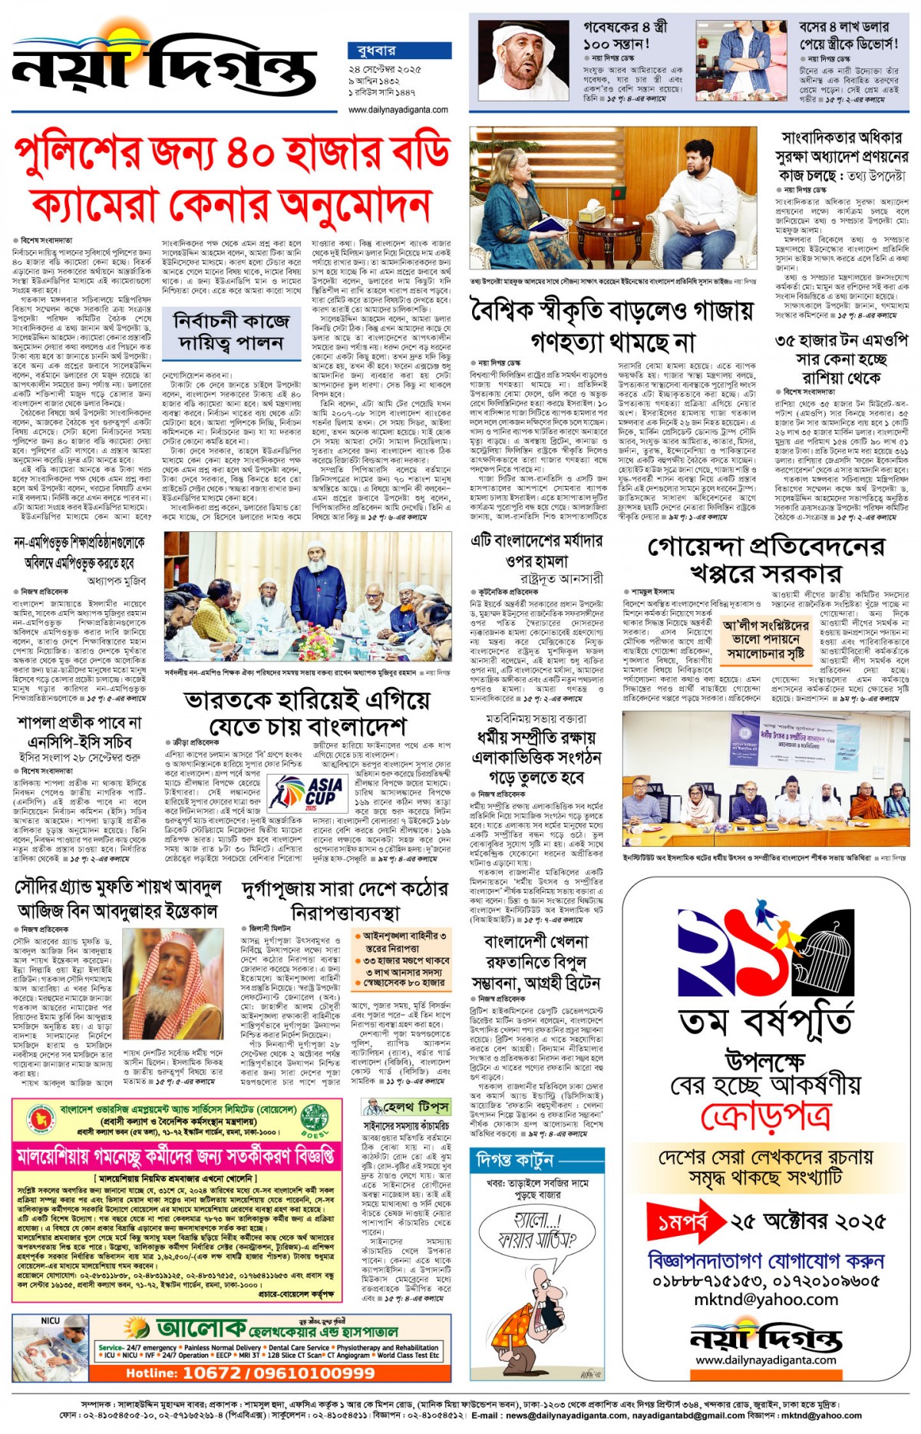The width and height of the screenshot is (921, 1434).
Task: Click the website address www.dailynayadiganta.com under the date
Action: coord(398,110)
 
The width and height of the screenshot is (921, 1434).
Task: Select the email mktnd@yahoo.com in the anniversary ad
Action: coord(765,1300)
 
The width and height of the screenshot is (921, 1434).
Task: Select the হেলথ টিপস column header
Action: coord(406,1107)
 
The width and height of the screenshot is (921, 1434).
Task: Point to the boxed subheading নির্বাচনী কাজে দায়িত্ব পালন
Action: coord(231,332)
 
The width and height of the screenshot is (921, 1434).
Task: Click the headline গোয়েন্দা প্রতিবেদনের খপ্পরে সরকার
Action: coord(765,559)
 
